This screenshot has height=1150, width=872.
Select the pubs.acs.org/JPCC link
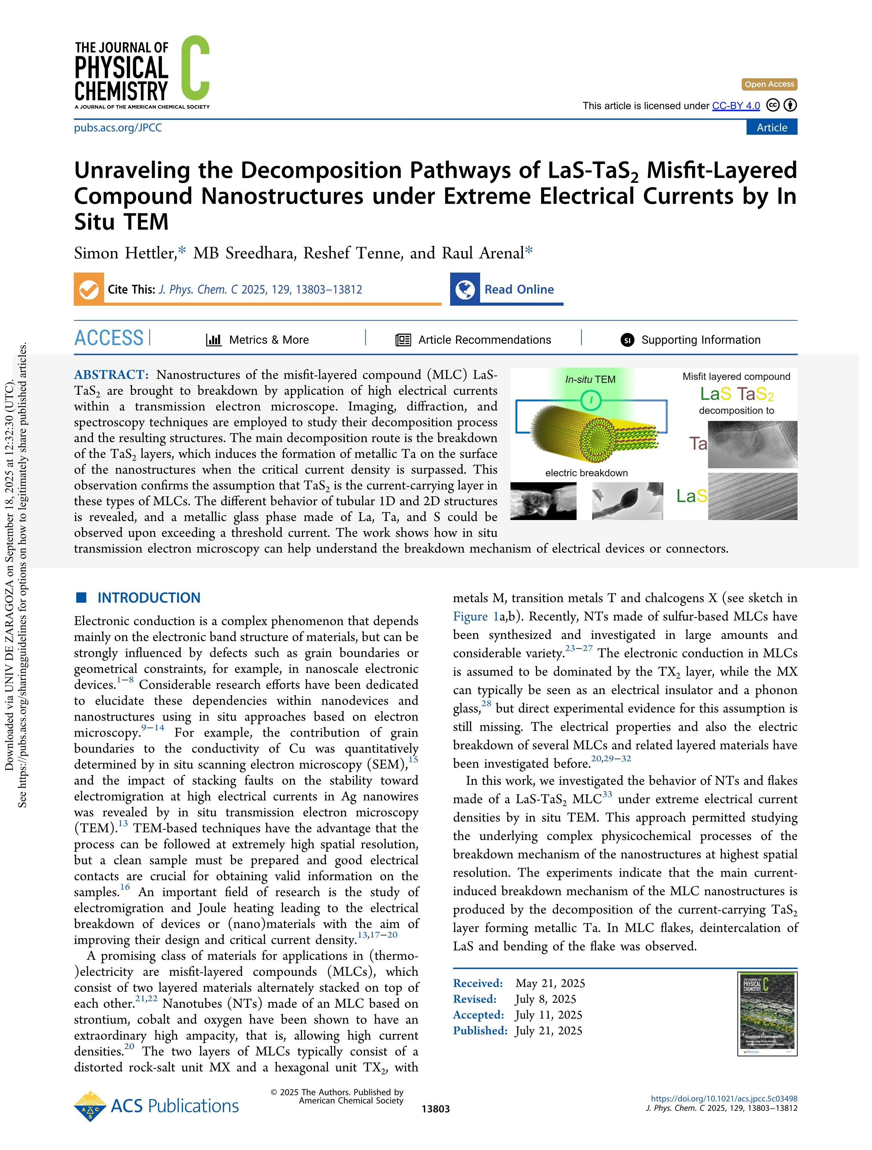118,128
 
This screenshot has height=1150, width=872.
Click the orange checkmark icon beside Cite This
89,289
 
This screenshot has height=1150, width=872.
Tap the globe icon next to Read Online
465,289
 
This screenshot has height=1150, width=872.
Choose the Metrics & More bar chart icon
214,340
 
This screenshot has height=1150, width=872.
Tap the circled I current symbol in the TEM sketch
591,400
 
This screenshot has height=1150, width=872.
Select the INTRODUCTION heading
149,598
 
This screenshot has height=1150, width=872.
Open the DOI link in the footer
724,1099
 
